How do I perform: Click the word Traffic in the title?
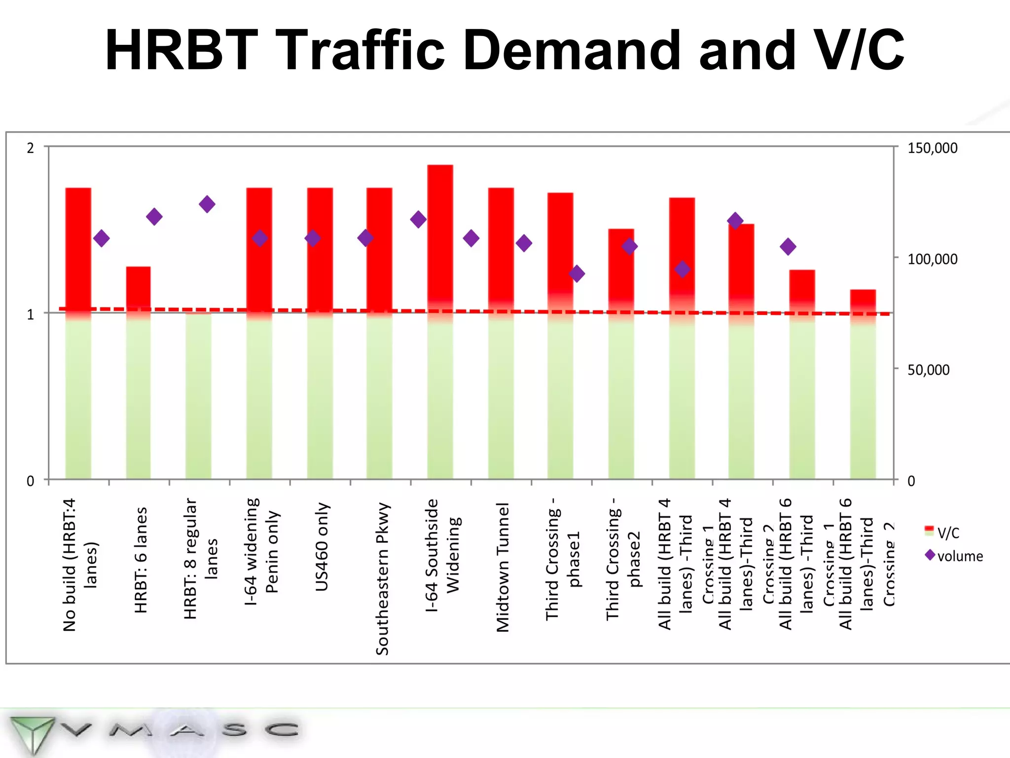362,50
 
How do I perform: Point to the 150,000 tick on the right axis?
932,148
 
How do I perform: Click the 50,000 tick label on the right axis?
928,370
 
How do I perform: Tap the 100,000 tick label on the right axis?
932,259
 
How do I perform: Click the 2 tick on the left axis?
31,148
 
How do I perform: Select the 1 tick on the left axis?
31,314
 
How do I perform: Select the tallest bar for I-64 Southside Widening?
440,321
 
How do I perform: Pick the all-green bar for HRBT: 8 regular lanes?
198,395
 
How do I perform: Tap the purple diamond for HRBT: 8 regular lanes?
207,204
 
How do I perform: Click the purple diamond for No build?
102,238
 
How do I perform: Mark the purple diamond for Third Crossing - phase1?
577,273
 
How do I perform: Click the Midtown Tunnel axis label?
503,568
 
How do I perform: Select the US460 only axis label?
322,547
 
